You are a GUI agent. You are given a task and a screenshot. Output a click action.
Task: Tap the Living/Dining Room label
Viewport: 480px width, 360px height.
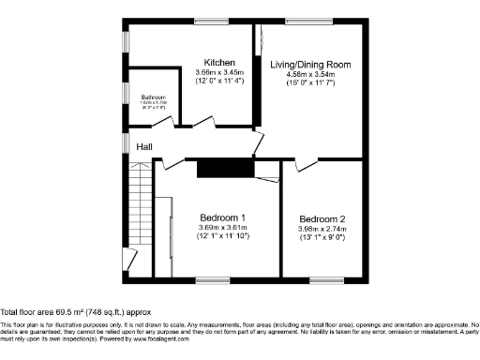click(x=310, y=65)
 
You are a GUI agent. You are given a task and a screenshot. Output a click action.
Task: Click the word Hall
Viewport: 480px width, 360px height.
click(x=144, y=147)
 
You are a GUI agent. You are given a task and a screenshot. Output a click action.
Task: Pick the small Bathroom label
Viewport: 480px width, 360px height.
click(x=153, y=97)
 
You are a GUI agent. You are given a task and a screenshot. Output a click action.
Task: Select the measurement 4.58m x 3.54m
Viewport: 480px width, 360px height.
click(x=310, y=75)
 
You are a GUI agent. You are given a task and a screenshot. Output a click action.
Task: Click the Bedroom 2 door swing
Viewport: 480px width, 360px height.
click(x=306, y=165)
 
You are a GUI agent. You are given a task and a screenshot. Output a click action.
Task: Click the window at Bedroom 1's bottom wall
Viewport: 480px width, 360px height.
click(x=212, y=278)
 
